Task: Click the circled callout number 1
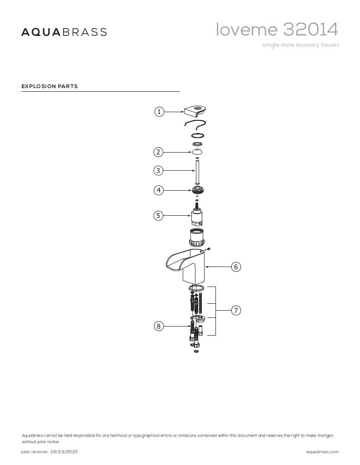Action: (x=159, y=112)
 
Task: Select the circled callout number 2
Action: (x=158, y=152)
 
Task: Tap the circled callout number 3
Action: (x=158, y=171)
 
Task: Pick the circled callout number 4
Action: (x=158, y=190)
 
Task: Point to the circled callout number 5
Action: (x=158, y=216)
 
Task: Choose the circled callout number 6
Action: (x=236, y=267)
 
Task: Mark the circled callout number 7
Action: (x=236, y=311)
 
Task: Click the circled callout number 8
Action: (x=158, y=326)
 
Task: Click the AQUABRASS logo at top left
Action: (x=64, y=32)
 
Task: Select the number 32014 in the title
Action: (x=310, y=30)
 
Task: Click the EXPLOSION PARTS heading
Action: (x=50, y=86)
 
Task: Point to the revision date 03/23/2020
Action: (x=61, y=452)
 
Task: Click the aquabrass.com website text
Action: (x=322, y=452)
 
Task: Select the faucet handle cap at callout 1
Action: (x=196, y=110)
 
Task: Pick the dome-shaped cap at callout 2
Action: (x=197, y=152)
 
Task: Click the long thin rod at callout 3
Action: (x=197, y=172)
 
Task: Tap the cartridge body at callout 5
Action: (x=197, y=219)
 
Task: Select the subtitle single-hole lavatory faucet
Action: (x=300, y=45)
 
